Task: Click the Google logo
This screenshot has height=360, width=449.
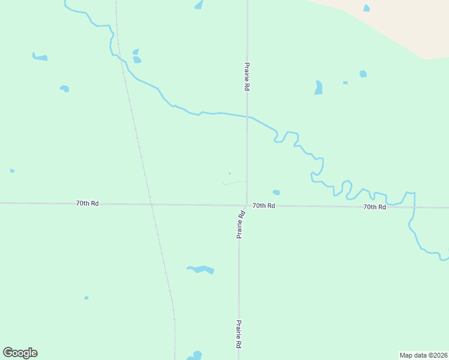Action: [x=20, y=353]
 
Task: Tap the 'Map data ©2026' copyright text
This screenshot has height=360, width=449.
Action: [x=423, y=355]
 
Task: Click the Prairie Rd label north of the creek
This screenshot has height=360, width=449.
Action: [x=247, y=76]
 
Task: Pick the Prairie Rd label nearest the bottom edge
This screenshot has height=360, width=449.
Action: [x=239, y=334]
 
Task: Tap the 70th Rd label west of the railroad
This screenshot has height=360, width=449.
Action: [x=87, y=203]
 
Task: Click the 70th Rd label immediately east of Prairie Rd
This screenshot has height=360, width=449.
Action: [x=264, y=206]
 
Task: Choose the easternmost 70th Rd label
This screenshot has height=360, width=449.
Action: [x=374, y=207]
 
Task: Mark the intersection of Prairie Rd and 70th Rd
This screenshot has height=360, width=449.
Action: [x=246, y=205]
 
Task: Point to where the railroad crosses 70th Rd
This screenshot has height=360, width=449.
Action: [x=151, y=204]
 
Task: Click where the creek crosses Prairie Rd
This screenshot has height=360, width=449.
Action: [x=247, y=117]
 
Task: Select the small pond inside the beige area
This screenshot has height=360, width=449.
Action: [x=366, y=8]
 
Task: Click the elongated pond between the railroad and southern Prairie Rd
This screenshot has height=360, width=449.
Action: [x=201, y=269]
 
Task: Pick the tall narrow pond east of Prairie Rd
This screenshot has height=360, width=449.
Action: [x=319, y=88]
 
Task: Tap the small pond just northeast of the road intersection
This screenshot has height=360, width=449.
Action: [x=276, y=193]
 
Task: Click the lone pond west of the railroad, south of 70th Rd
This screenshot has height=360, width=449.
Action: [x=86, y=298]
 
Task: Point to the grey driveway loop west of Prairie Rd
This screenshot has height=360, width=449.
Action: [x=233, y=182]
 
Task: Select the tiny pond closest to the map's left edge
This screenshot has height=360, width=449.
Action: [x=12, y=171]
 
